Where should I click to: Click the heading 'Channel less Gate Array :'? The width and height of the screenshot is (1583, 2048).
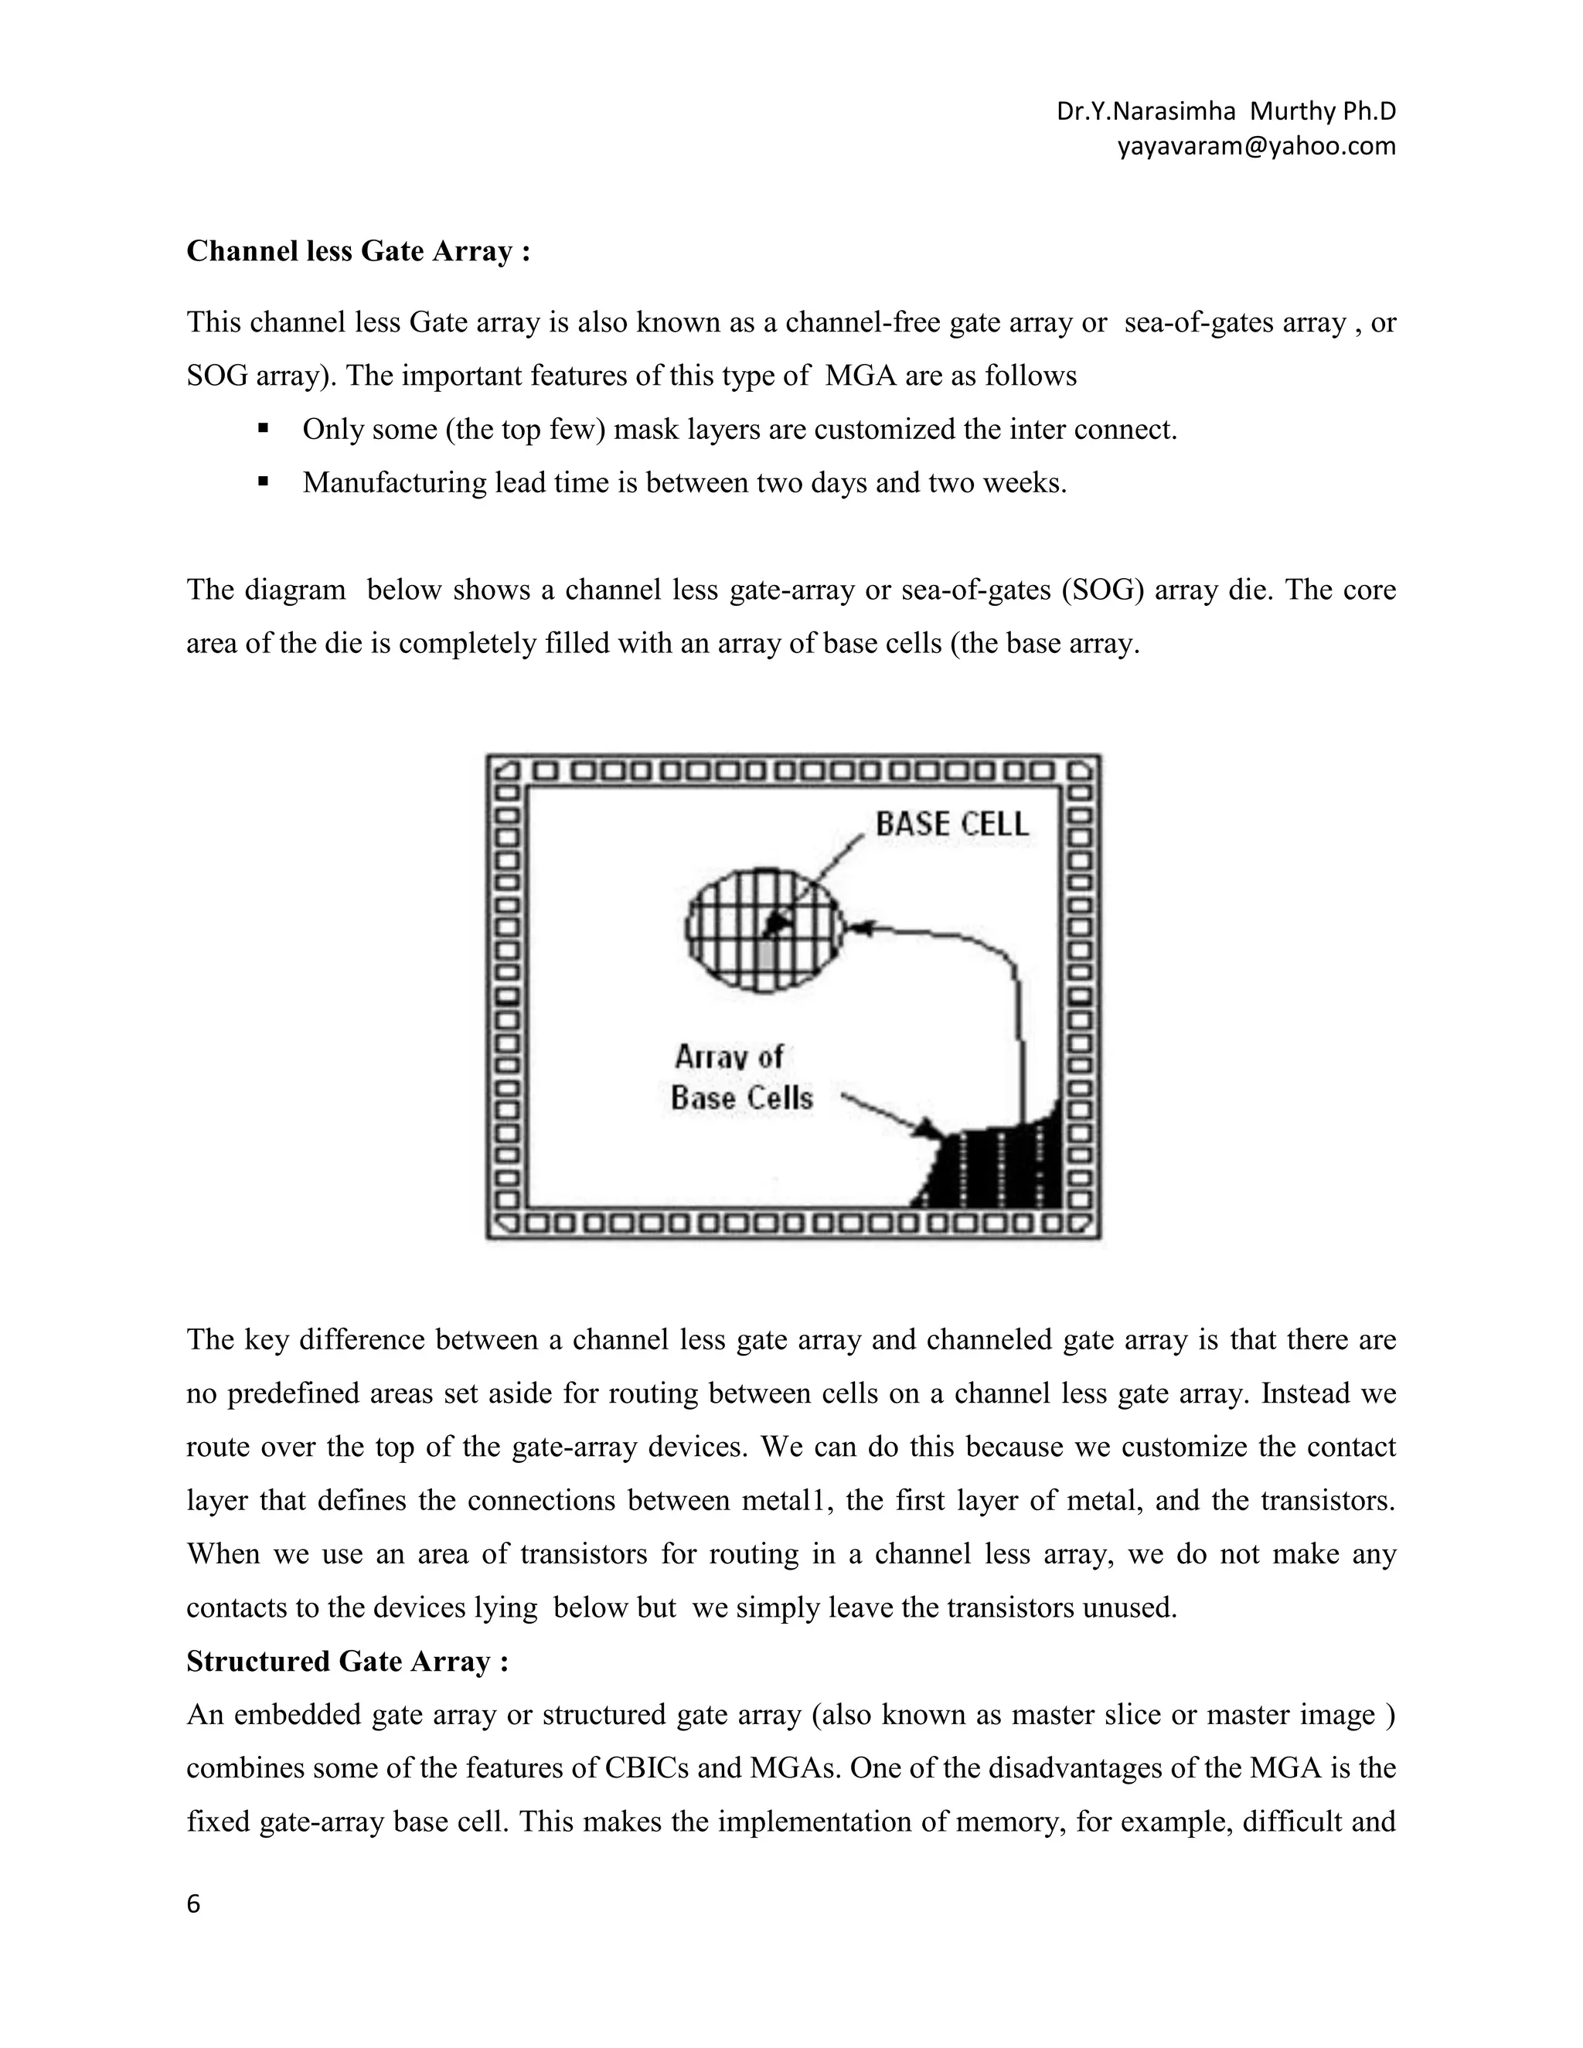[358, 251]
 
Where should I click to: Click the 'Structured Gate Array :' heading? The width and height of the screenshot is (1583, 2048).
[347, 1661]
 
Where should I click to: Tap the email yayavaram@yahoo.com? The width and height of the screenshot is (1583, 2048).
[1256, 146]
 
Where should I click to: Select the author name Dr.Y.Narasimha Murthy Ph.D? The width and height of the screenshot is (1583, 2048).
[1226, 111]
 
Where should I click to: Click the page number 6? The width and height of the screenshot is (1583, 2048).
[193, 1904]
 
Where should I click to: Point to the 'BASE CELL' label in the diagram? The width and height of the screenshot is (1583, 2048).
[951, 825]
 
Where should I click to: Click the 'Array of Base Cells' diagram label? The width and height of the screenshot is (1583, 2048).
[740, 1078]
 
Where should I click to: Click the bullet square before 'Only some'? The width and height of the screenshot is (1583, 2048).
[263, 430]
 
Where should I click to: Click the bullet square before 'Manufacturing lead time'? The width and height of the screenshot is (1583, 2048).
[263, 483]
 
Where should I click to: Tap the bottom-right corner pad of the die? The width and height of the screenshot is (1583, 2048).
[1081, 1223]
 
